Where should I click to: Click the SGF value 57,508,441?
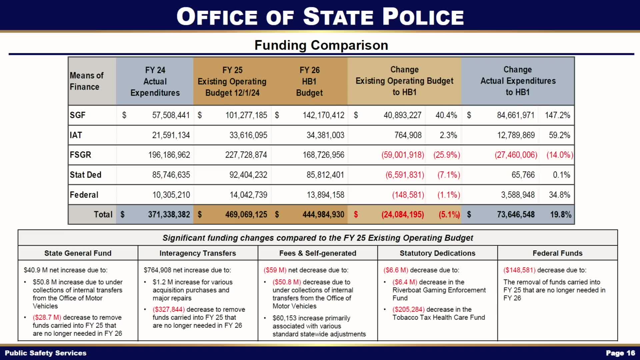pyautogui.click(x=171, y=115)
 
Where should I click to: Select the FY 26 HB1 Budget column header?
pyautogui.click(x=309, y=81)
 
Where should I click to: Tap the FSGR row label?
pyautogui.click(x=80, y=155)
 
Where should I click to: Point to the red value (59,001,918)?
pyautogui.click(x=403, y=155)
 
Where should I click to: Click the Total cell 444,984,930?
pyautogui.click(x=323, y=214)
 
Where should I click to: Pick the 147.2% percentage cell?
pyautogui.click(x=557, y=115)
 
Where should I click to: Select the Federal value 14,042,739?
pyautogui.click(x=248, y=195)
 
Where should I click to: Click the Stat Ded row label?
pyautogui.click(x=85, y=175)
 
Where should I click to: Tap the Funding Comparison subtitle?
pyautogui.click(x=321, y=45)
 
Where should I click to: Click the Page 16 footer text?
pyautogui.click(x=620, y=353)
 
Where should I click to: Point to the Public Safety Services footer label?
pyautogui.click(x=46, y=353)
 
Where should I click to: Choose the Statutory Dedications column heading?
pyautogui.click(x=437, y=253)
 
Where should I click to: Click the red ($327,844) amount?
pyautogui.click(x=169, y=310)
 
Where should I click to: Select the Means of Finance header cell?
pyautogui.click(x=87, y=81)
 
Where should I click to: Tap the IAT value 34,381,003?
pyautogui.click(x=325, y=135)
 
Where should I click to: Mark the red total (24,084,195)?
pyautogui.click(x=403, y=214)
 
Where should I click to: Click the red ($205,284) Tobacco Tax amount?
pyautogui.click(x=408, y=310)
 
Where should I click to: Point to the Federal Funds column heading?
pyautogui.click(x=557, y=253)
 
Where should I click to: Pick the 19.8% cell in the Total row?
pyautogui.click(x=560, y=214)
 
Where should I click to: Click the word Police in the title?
pyautogui.click(x=423, y=17)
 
